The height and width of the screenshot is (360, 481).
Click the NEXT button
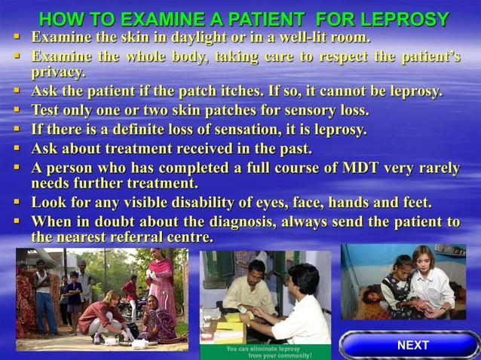[412, 346]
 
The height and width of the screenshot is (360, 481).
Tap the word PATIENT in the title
[287, 19]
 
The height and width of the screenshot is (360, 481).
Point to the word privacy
[57, 73]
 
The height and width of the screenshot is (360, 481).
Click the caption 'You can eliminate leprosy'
[256, 349]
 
